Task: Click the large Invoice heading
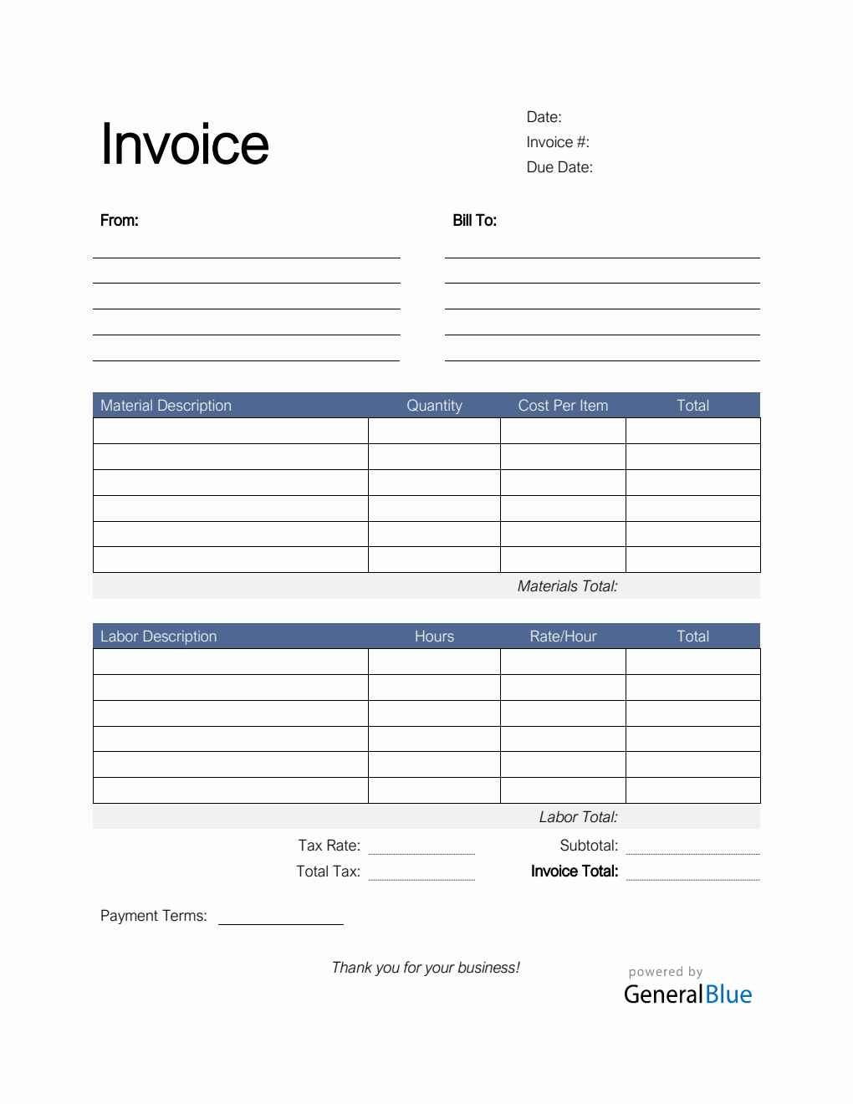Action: (x=185, y=145)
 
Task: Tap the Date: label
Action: (x=544, y=117)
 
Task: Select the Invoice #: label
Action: (x=558, y=142)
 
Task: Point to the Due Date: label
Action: (x=559, y=167)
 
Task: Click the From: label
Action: (x=120, y=221)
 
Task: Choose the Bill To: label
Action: (x=475, y=221)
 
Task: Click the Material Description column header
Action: (x=166, y=406)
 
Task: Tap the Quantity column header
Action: (x=434, y=406)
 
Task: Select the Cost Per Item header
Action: (x=563, y=406)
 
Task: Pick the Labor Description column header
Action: (x=158, y=636)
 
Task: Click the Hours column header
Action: (x=434, y=636)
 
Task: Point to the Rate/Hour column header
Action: (x=563, y=636)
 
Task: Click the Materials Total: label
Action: (x=567, y=586)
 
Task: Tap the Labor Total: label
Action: (x=578, y=817)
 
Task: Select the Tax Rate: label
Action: (x=329, y=846)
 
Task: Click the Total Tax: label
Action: (x=328, y=871)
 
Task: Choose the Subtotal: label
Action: (x=589, y=846)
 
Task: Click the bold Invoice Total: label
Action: (x=575, y=871)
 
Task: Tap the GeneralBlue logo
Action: (x=687, y=994)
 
